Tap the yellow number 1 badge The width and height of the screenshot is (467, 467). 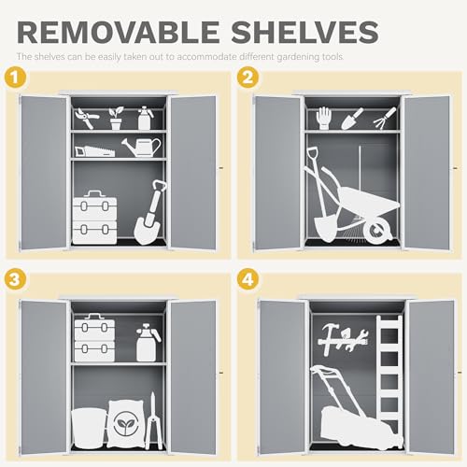pos(13,78)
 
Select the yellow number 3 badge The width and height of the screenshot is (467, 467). pos(13,279)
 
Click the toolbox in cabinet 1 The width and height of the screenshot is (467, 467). pos(94,217)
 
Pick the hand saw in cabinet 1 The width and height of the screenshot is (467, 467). pos(92,149)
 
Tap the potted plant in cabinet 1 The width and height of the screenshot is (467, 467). pos(116,118)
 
